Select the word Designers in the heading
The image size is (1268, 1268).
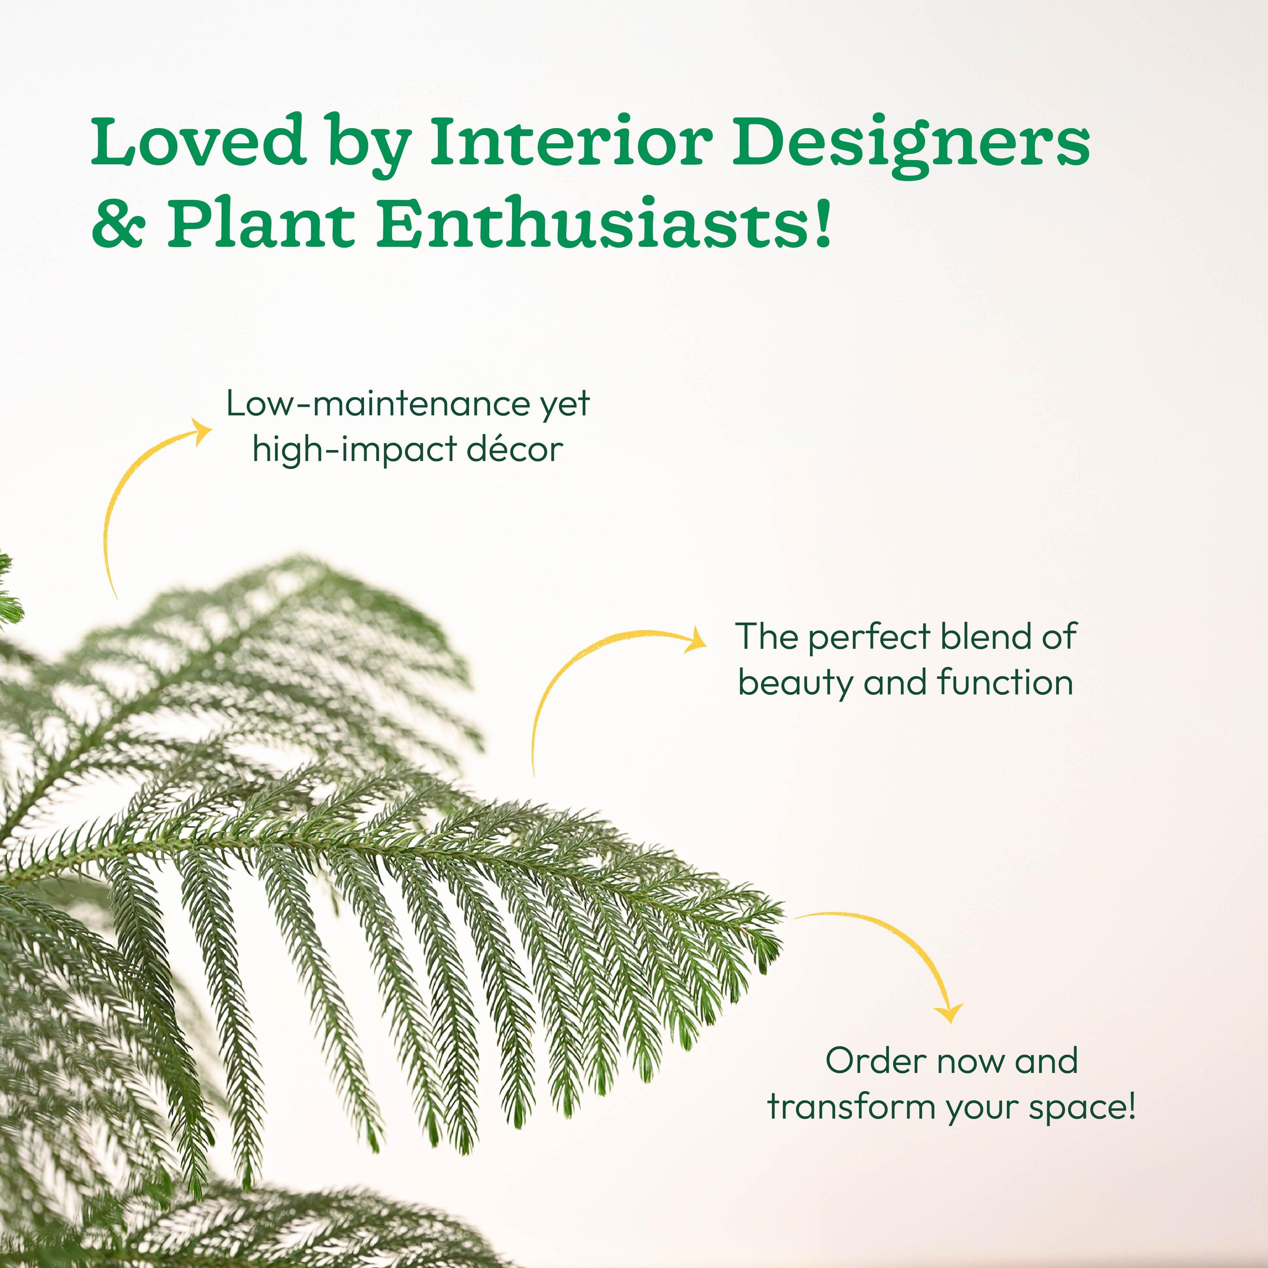point(911,146)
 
